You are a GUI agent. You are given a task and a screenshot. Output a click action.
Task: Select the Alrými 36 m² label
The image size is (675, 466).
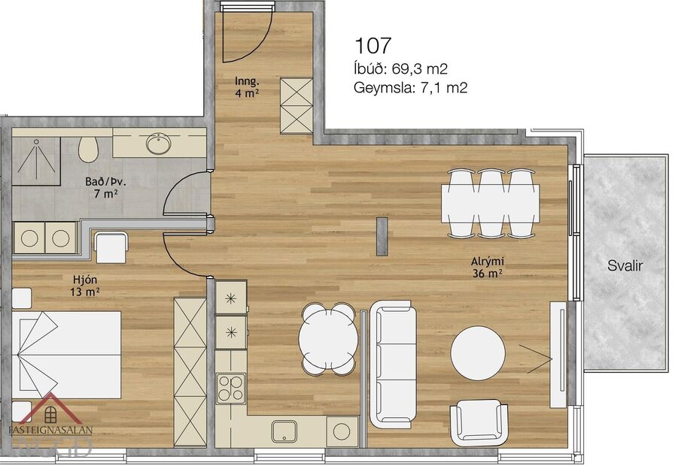487,267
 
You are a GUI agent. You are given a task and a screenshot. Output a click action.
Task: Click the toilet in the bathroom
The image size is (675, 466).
88,149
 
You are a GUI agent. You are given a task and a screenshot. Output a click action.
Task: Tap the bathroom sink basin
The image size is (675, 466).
158,143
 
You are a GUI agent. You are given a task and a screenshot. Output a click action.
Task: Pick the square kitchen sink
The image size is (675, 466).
284,431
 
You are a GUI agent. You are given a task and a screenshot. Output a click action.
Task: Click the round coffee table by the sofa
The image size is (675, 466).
478,352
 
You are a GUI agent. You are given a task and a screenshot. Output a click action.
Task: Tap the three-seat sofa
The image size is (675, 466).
393,363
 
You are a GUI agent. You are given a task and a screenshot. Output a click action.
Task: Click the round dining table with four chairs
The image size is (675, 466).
327,338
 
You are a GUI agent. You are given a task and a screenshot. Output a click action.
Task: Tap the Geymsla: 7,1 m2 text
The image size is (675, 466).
410,88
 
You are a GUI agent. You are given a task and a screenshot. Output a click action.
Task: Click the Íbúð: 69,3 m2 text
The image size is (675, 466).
400,69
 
